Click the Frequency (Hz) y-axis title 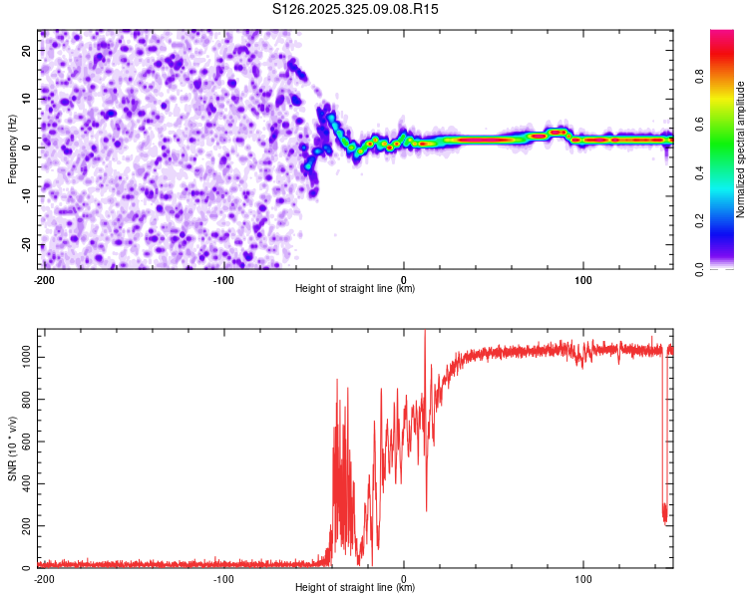point(12,148)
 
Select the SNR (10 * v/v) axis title point(12,448)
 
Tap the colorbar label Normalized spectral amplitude point(740,149)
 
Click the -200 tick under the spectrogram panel point(44,278)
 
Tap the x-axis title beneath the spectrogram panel point(355,289)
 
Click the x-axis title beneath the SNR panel point(355,589)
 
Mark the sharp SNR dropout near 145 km point(665,513)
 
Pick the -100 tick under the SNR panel point(223,578)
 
